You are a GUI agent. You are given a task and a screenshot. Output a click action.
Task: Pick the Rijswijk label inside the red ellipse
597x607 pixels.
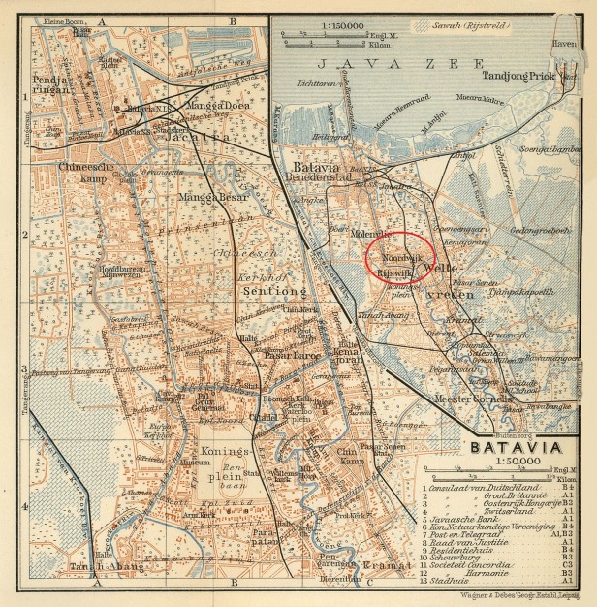[x=393, y=274]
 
